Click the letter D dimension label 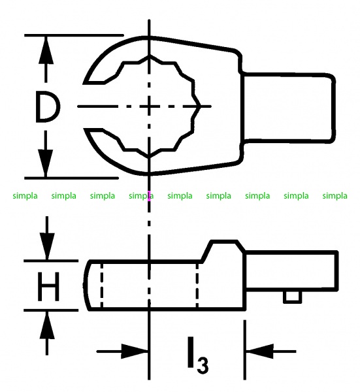(48, 106)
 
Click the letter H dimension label (48, 287)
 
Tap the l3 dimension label (198, 355)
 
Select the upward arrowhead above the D (46, 50)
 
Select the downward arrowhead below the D (46, 163)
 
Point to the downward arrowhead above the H (47, 246)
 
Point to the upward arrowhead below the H (47, 325)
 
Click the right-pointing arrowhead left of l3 (135, 351)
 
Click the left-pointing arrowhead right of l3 (259, 351)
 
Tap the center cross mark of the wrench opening (149, 106)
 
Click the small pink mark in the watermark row (149, 196)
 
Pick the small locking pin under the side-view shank (292, 297)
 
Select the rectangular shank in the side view (292, 271)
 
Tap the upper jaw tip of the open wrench (84, 82)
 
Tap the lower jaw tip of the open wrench (84, 130)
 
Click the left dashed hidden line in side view (101, 286)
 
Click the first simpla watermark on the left (25, 196)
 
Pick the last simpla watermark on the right (335, 196)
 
